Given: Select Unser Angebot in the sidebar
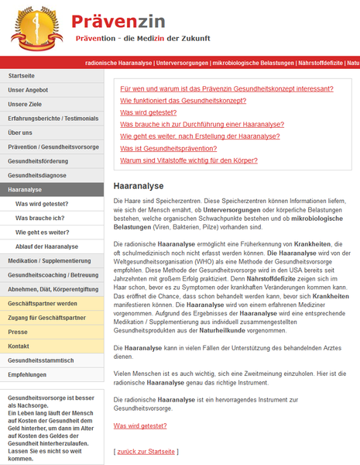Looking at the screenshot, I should point(29,90).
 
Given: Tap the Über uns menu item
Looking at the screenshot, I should point(21,133).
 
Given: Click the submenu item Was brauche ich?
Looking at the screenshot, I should point(39,218).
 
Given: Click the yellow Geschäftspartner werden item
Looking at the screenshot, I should point(43,303).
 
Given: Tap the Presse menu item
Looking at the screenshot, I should point(19,332).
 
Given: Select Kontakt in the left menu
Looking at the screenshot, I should point(19,346).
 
